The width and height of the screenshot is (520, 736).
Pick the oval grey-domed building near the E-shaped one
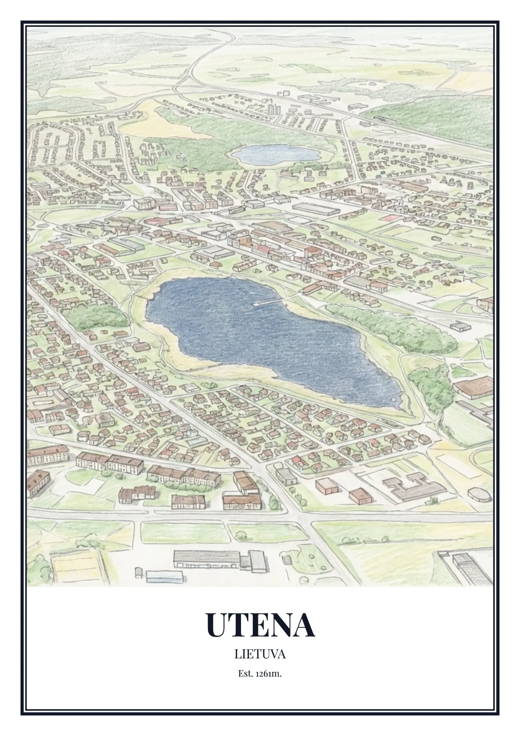click(481, 494)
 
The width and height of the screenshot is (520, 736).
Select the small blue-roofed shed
click(164, 576)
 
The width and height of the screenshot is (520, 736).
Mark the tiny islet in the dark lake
click(394, 399)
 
